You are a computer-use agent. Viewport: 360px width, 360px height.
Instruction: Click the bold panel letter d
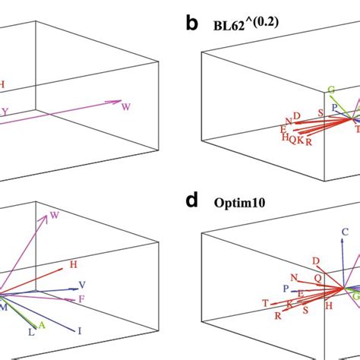192,202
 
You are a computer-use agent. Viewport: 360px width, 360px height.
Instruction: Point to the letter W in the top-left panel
125,107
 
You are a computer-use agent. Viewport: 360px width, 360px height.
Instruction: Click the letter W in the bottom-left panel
55,217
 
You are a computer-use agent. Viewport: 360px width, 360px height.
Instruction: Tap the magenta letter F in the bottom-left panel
81,301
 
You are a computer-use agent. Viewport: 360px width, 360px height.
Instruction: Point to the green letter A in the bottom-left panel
42,325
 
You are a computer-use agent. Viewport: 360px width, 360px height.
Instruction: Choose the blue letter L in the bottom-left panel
30,332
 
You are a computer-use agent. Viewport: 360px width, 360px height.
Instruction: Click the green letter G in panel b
331,90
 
